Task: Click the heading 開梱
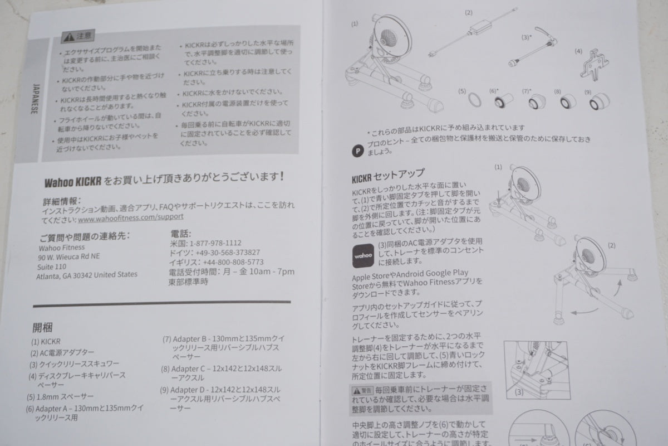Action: pyautogui.click(x=43, y=327)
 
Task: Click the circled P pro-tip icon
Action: pyautogui.click(x=358, y=150)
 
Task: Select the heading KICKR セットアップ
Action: pyautogui.click(x=388, y=174)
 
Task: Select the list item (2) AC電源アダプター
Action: pyautogui.click(x=62, y=352)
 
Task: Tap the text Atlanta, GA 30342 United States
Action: pyautogui.click(x=86, y=275)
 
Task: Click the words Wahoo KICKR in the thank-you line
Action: pyautogui.click(x=73, y=181)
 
